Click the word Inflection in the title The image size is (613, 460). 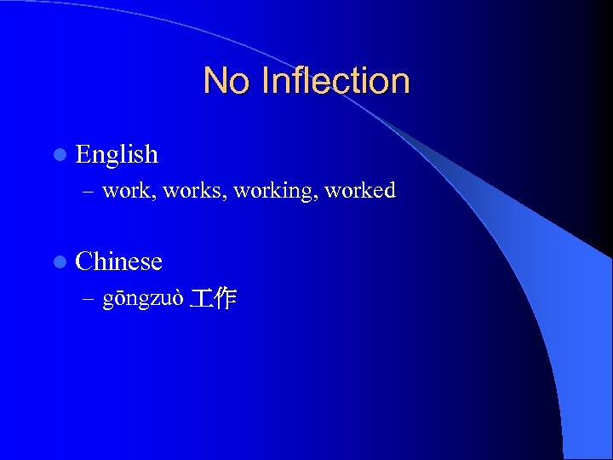tap(336, 81)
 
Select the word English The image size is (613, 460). tap(117, 154)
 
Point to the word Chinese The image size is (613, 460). tap(118, 261)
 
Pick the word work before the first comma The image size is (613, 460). tap(123, 191)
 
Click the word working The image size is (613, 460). tap(273, 191)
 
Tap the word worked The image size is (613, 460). tap(359, 191)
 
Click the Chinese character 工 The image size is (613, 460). tap(202, 298)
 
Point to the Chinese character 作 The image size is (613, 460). tap(225, 298)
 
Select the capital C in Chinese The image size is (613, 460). tap(83, 261)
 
